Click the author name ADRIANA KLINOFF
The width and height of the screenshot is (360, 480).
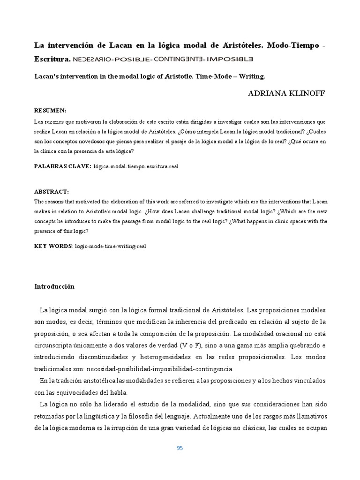click(x=286, y=94)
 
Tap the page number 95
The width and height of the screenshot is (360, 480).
click(x=180, y=448)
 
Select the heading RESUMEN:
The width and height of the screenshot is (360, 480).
click(x=50, y=111)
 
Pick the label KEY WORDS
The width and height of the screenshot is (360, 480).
click(x=53, y=246)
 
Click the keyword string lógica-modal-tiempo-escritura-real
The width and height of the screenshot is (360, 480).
click(x=136, y=166)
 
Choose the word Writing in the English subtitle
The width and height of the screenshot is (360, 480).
click(x=251, y=75)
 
